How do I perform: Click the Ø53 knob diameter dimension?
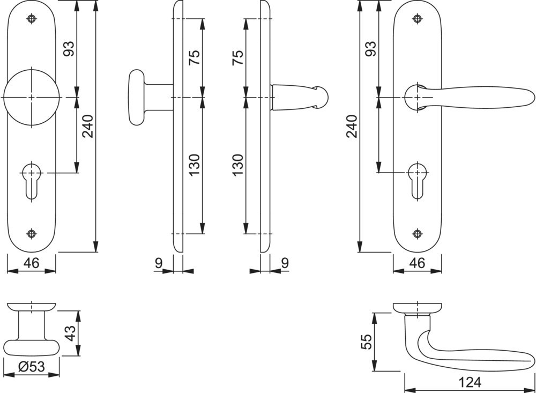click(x=32, y=367)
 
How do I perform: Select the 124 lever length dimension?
click(x=470, y=382)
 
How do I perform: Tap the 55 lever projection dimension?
click(x=366, y=342)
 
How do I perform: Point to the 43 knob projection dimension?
click(x=70, y=333)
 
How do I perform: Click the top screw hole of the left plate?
click(x=32, y=18)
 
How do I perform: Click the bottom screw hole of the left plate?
click(x=32, y=234)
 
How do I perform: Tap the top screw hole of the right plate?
click(x=417, y=18)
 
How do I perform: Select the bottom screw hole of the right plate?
click(x=417, y=234)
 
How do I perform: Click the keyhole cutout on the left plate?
click(x=32, y=180)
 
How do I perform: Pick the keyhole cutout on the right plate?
click(x=417, y=180)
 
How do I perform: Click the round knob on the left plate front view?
click(x=32, y=98)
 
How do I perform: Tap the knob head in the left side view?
click(x=137, y=98)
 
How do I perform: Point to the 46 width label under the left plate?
click(x=32, y=263)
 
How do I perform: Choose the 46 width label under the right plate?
click(x=418, y=263)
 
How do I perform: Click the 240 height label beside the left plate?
click(x=88, y=126)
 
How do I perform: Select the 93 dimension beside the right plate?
click(x=371, y=49)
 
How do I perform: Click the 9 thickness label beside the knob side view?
click(x=159, y=263)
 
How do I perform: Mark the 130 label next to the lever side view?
click(x=238, y=165)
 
